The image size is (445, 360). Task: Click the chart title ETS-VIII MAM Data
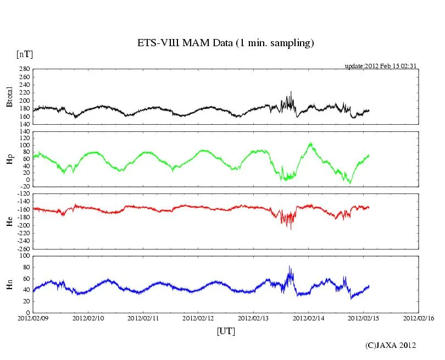[x=225, y=43]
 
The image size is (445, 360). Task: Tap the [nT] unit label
[x=25, y=54]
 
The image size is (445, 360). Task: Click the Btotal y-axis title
[x=9, y=97]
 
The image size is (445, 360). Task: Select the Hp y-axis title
[x=9, y=159]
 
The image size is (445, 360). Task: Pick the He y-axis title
[x=9, y=221]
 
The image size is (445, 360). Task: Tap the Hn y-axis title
[x=9, y=284]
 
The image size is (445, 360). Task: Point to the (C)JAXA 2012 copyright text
[x=391, y=345]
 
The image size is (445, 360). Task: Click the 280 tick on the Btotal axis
[x=24, y=69]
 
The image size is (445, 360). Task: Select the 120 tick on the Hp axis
[x=24, y=131]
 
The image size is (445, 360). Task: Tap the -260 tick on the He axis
[x=23, y=248]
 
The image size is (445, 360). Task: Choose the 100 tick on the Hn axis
[x=24, y=256]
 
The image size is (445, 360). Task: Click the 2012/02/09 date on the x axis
[x=33, y=318]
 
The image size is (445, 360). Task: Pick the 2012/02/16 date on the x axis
[x=419, y=318]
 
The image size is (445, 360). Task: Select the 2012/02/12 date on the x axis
[x=198, y=318]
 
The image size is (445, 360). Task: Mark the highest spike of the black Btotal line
[x=291, y=92]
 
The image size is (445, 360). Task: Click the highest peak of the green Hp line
[x=310, y=143]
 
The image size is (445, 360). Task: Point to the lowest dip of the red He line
[x=291, y=229]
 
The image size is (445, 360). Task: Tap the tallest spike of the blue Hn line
[x=290, y=267]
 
